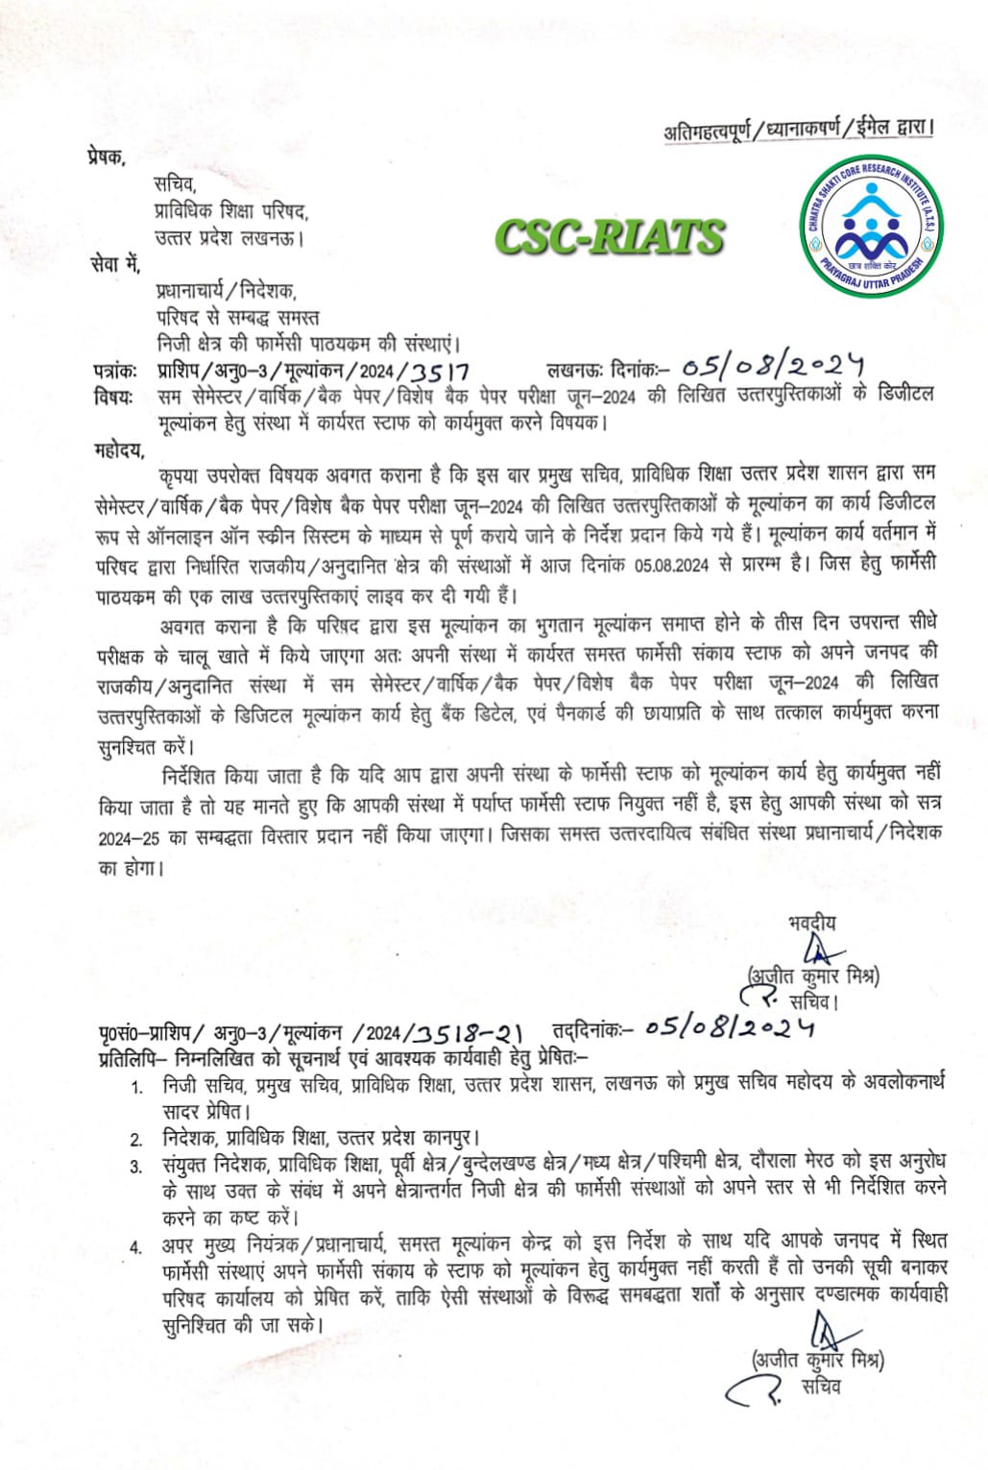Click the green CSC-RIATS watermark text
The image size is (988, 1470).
[609, 237]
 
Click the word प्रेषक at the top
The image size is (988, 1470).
[106, 156]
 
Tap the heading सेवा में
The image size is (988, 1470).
[115, 261]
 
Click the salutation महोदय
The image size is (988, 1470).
[119, 448]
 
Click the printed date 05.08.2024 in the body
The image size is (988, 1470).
[671, 565]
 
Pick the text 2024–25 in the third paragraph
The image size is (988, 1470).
[129, 837]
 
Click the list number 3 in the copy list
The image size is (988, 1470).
[137, 1168]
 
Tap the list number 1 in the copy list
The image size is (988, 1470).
[137, 1088]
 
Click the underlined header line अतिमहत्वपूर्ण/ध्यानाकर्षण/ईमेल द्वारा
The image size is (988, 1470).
[799, 130]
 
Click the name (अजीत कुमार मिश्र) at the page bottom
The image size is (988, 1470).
[818, 1360]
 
